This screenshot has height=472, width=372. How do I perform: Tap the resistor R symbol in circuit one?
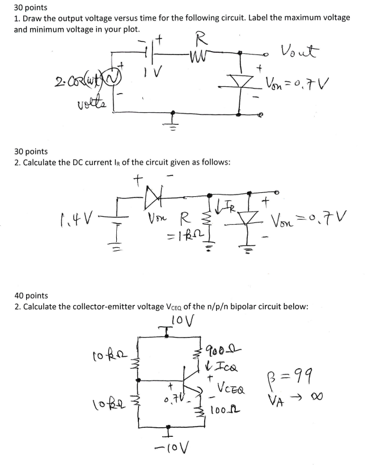199,56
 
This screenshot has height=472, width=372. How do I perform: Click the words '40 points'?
31,295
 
